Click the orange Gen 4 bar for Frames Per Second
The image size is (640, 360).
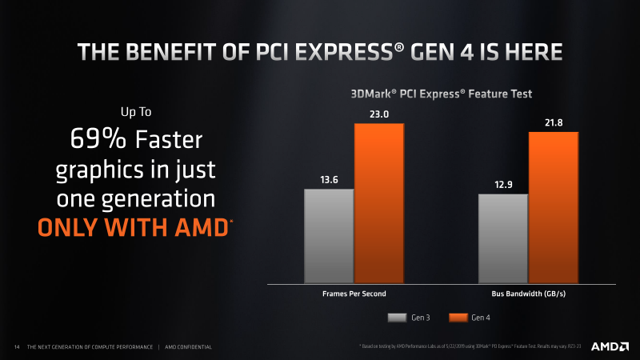[379, 203]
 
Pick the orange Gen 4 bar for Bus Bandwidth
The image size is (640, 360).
[553, 207]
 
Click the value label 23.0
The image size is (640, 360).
[379, 114]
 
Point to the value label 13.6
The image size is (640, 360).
[329, 179]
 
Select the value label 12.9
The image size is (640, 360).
[502, 184]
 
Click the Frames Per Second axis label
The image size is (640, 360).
[354, 294]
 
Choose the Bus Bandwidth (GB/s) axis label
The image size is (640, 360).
[528, 294]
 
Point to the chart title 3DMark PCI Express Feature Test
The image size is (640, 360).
[441, 94]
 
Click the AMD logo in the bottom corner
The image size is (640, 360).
[609, 346]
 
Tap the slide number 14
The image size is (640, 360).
[17, 346]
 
